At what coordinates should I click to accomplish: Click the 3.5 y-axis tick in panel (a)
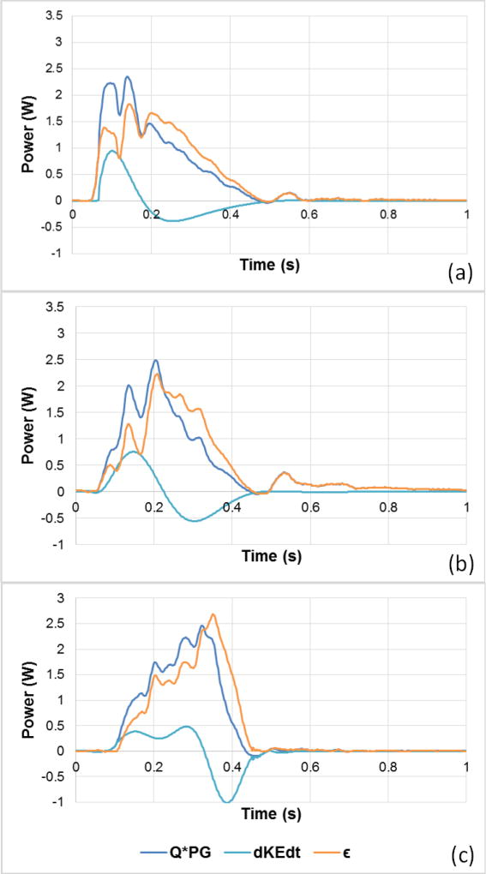[x=56, y=16]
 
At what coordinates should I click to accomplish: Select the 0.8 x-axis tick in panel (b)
[x=387, y=503]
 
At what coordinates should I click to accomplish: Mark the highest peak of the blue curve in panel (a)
[x=128, y=76]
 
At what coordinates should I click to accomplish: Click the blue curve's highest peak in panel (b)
[x=155, y=360]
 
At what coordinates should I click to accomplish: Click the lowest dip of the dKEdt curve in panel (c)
[x=227, y=802]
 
